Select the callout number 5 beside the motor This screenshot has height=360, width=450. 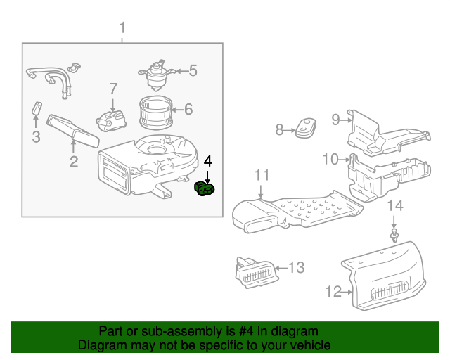coord(193,70)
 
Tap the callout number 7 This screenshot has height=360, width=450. coord(112,89)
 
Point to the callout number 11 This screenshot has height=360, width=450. coord(262,175)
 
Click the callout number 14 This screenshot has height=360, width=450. coord(396,206)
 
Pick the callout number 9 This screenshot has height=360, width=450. coord(336,120)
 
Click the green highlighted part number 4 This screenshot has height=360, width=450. coord(206,188)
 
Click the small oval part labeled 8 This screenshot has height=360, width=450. coord(306,128)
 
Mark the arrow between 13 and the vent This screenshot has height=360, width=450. coord(279,267)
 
